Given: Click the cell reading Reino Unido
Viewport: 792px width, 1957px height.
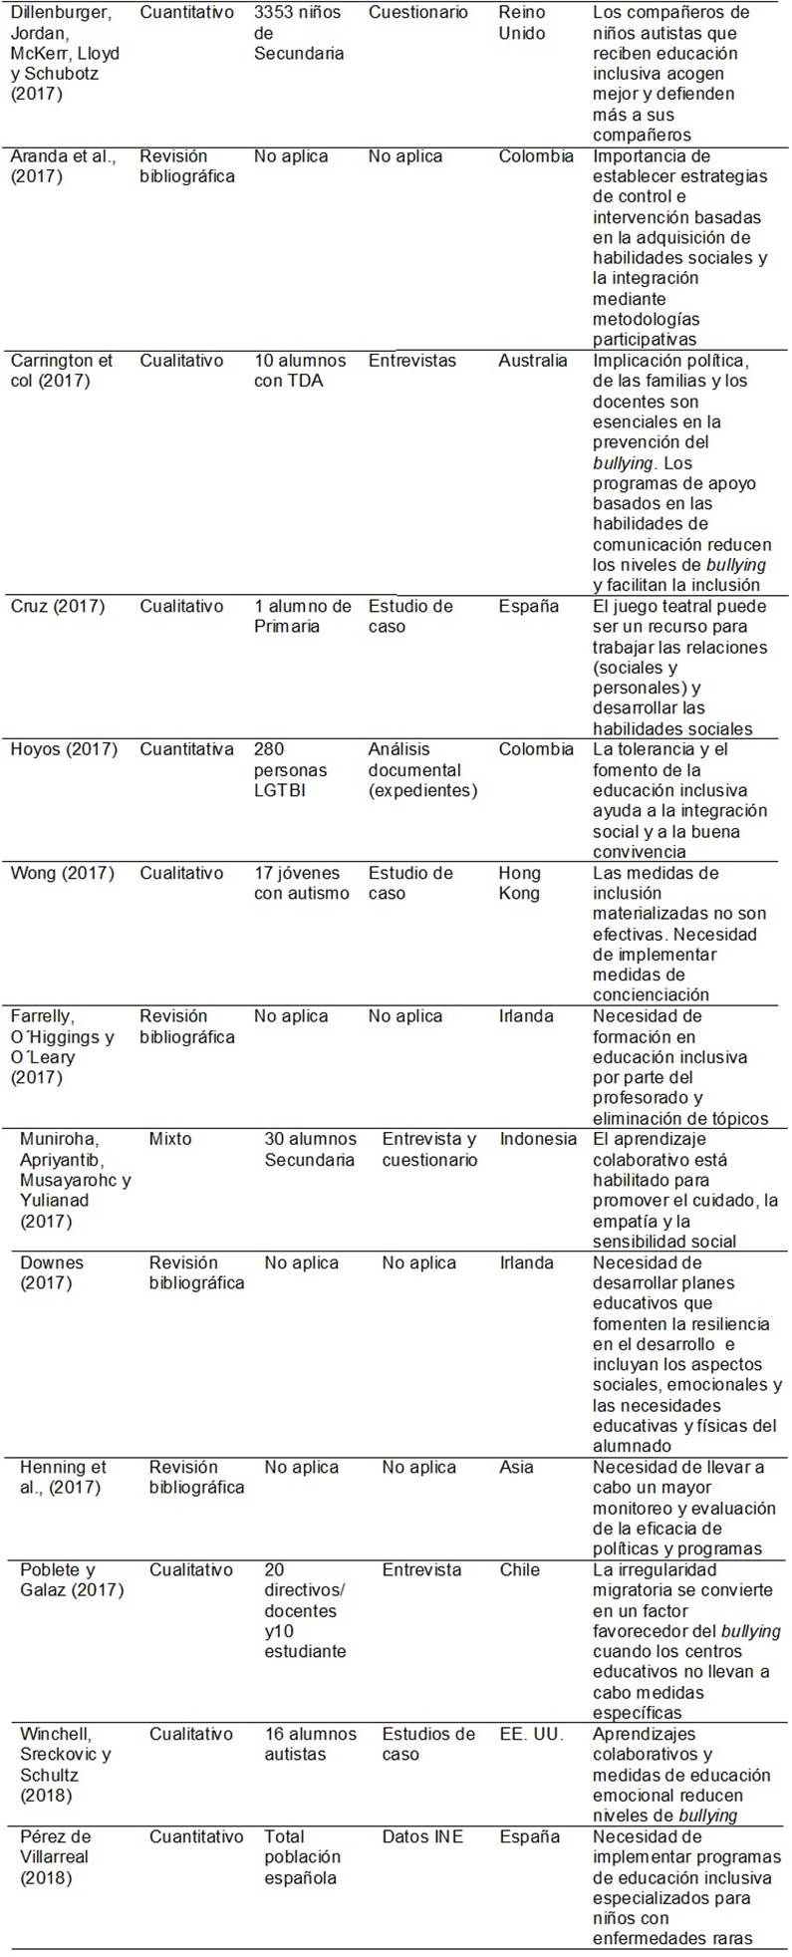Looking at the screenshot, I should pos(522,23).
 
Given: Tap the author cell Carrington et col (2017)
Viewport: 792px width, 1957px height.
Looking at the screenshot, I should pos(62,371).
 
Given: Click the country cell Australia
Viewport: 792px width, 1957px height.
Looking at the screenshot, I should pos(533,361).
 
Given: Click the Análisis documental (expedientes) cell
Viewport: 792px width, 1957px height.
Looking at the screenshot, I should pos(422,769).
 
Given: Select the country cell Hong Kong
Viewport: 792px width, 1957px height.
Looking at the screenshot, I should pos(520,883).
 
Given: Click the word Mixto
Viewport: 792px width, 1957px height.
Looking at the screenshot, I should pos(170,1139).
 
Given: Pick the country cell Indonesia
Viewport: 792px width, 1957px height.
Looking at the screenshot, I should pos(538,1139).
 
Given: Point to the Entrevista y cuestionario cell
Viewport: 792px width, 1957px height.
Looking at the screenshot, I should pos(429,1149).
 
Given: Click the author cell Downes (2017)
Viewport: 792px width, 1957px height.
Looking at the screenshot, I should pos(52,1272).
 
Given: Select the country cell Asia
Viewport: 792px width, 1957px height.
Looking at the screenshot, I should pos(518,1467).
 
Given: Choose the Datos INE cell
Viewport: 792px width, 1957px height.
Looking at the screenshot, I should pos(422,1836).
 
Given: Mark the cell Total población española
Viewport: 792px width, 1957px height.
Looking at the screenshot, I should pos(302,1857).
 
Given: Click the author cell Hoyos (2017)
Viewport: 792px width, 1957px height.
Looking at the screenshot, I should pos(63,749).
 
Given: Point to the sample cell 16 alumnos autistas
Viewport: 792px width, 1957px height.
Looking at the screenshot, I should pos(310,1744).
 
